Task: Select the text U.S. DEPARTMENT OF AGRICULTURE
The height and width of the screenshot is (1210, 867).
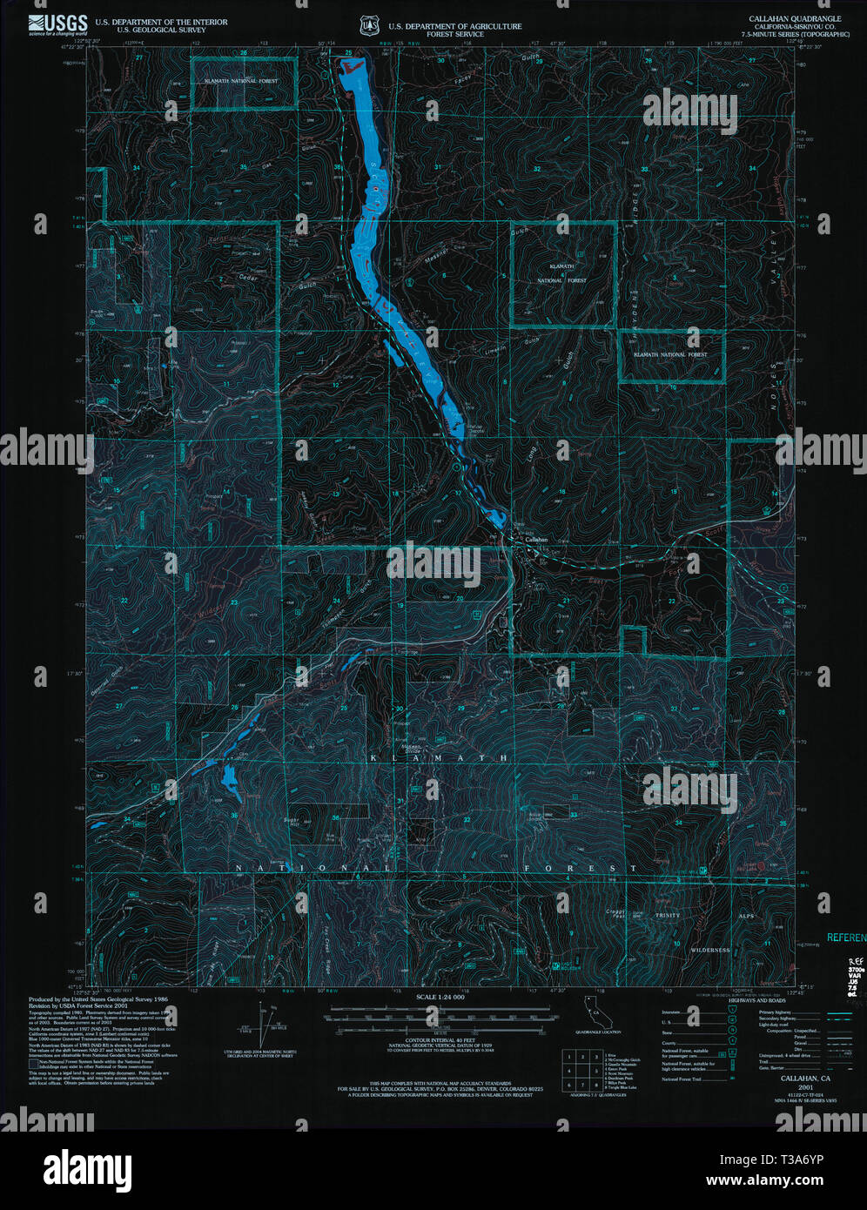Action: pyautogui.click(x=455, y=27)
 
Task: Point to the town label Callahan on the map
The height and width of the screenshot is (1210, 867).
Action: pyautogui.click(x=536, y=540)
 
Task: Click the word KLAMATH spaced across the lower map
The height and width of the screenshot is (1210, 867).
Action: pyautogui.click(x=440, y=759)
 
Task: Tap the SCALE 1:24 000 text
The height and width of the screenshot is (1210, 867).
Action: pyautogui.click(x=440, y=997)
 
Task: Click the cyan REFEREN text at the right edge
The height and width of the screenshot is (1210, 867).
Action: pyautogui.click(x=846, y=938)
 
